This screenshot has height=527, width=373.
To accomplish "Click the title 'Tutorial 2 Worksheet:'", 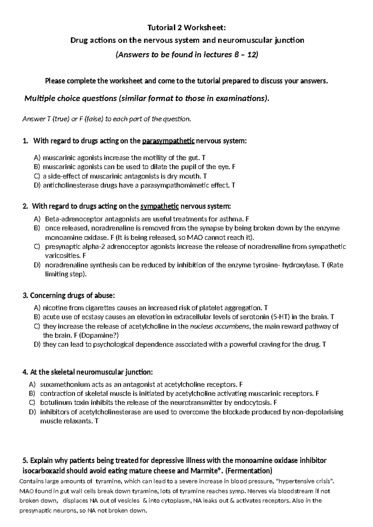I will [x=186, y=28].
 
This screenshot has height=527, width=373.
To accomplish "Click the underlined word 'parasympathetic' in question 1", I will [x=168, y=142].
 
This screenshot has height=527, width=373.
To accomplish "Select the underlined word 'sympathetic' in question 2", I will [x=160, y=206].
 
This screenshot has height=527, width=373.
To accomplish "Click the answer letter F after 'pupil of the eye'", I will [x=234, y=167].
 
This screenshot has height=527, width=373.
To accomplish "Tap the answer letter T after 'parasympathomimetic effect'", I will [x=233, y=186].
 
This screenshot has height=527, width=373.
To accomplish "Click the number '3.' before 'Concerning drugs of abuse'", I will [x=25, y=295].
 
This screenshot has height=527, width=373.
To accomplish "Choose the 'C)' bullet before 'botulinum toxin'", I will [x=32, y=403].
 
